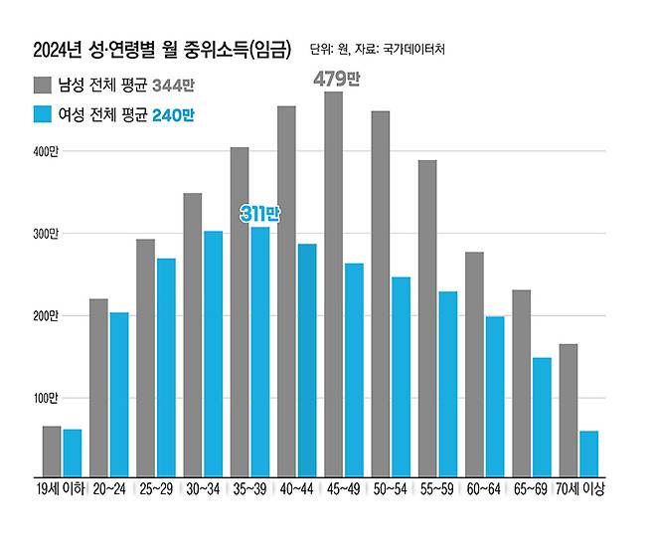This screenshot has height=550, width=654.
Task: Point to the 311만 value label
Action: pos(259,213)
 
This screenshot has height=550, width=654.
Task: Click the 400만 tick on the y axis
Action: pos(48,151)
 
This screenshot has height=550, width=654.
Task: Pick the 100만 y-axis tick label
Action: pos(48,399)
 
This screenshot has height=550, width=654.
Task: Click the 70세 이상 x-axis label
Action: pos(581,490)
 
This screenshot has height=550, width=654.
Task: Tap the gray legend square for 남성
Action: pos(44,84)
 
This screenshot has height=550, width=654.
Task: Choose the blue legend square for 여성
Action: pos(44,115)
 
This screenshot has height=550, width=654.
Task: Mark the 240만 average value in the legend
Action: pos(175,115)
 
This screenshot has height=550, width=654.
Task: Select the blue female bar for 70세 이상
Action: pos(589,454)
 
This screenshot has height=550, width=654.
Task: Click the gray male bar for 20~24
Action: pos(98,388)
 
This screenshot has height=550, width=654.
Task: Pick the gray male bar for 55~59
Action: pos(427,318)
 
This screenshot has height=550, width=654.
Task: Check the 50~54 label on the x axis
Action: pos(390,490)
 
